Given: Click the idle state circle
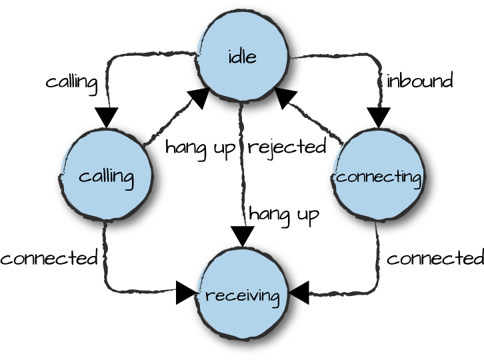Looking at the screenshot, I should coord(242,56).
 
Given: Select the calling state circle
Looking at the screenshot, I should coord(106,175).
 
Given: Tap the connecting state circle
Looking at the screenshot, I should coord(379,175).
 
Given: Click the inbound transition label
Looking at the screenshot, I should coord(420,81).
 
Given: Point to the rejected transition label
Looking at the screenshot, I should coord(287,147).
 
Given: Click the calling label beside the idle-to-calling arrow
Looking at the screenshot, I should coord(71,82).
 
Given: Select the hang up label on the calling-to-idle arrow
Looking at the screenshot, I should coord(200,147).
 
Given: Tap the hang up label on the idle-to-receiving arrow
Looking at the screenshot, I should coord(284,214).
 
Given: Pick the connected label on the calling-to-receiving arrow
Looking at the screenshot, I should coord(49,258).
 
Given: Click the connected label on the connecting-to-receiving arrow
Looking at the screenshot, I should coord(435,258).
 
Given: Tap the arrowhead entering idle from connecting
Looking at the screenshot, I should coord(285,97).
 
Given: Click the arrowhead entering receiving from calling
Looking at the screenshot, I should coord(186,293).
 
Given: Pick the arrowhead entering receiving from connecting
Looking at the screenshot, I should coord(299,293).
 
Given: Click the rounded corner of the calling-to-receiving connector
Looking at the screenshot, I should coord(108,287).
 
